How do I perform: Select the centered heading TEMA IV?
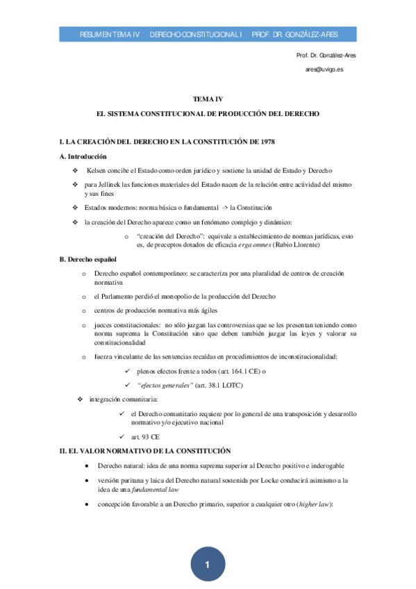point(207,99)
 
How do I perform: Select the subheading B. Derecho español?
point(89,259)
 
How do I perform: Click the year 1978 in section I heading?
point(264,142)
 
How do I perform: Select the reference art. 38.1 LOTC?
point(219,385)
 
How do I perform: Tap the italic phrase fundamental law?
point(158,489)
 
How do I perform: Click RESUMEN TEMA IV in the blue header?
point(110,34)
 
